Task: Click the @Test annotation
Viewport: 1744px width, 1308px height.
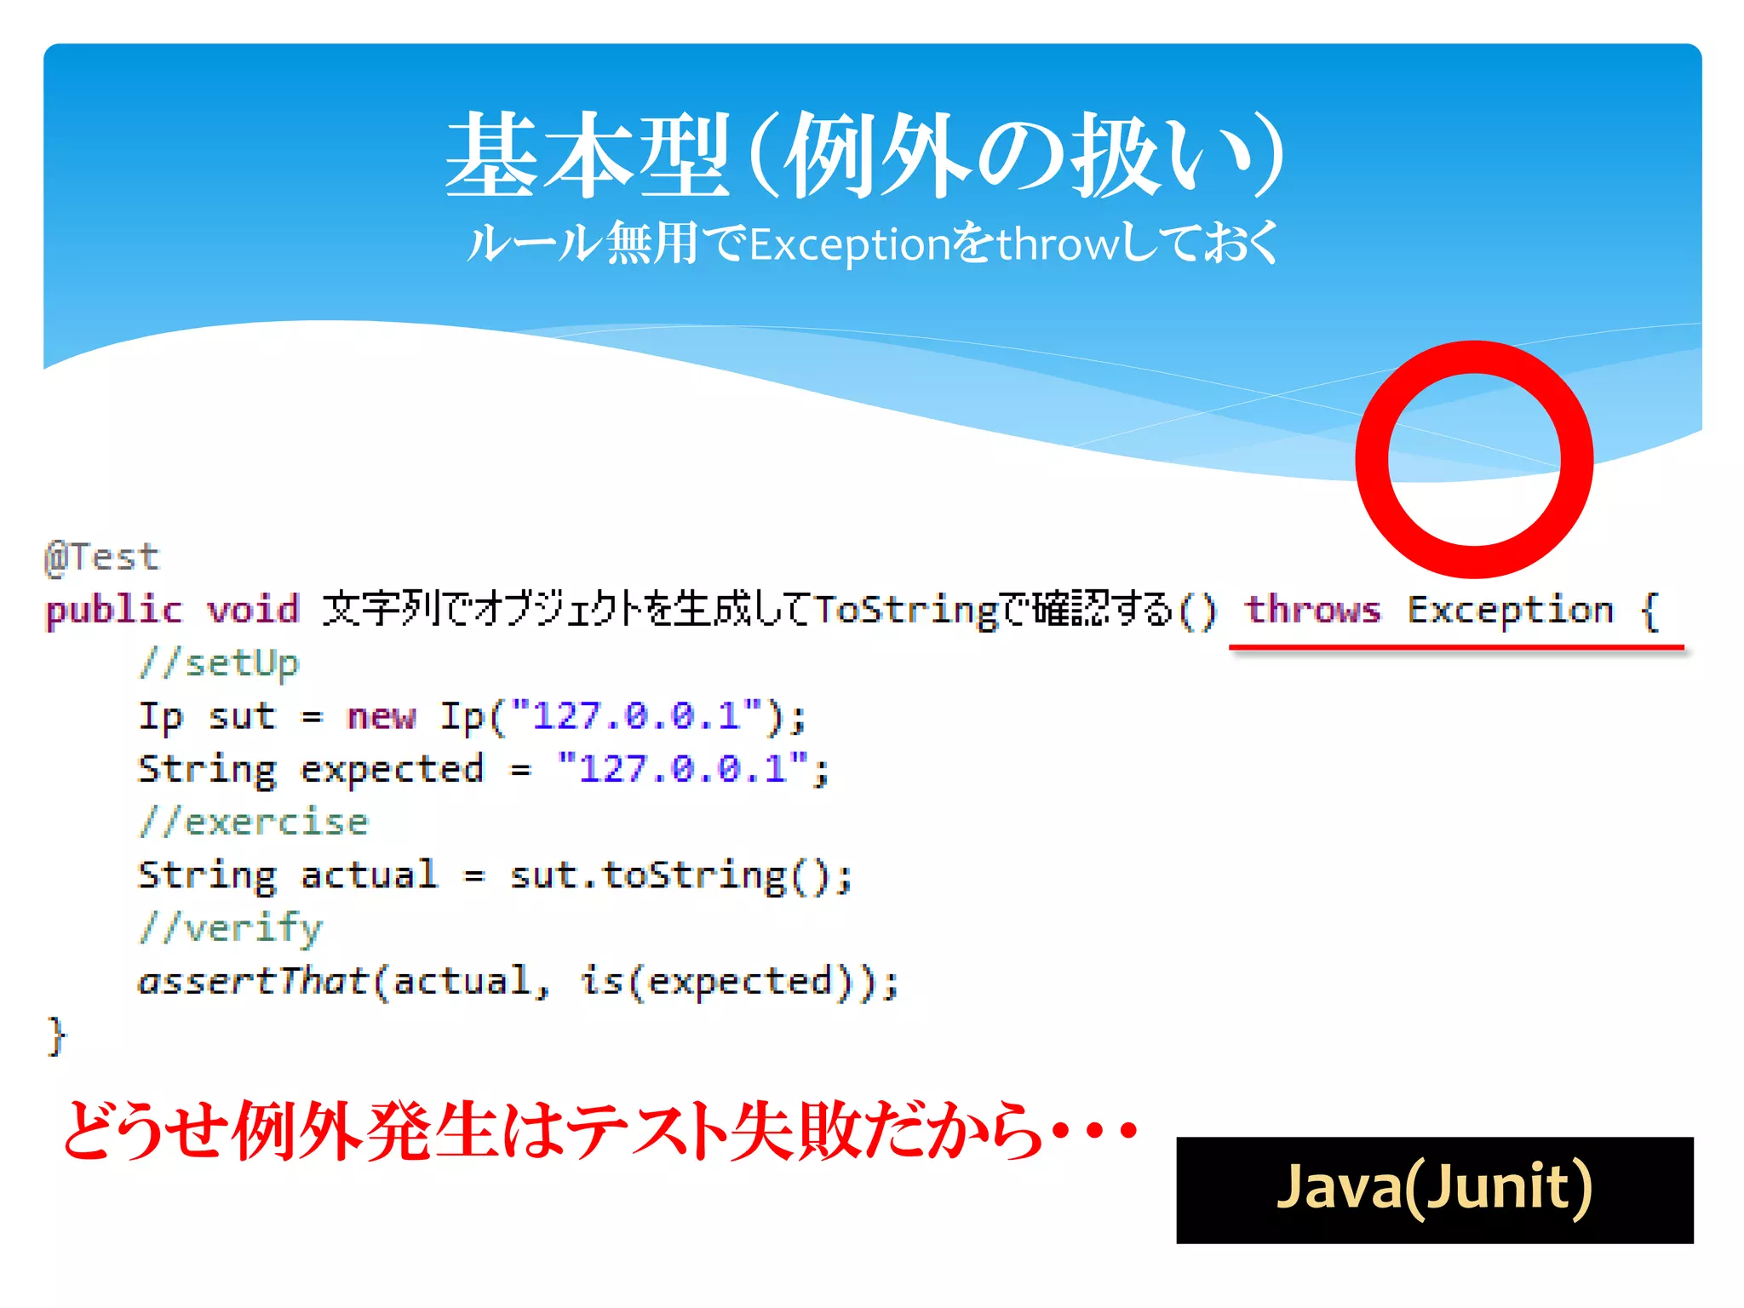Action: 101,558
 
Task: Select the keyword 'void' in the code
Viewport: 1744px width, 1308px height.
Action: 253,610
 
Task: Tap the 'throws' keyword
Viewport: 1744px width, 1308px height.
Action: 1312,610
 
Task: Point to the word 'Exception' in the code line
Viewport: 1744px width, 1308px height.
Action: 1510,610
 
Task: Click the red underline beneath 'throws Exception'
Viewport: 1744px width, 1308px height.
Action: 1456,648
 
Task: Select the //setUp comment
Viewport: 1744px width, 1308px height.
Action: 219,663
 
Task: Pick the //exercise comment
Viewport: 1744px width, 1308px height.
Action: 254,823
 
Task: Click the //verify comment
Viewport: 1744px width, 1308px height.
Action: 231,928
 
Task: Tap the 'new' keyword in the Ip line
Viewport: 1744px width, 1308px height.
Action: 381,716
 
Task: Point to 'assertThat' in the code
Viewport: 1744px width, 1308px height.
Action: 252,982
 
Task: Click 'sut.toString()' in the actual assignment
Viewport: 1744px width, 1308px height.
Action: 679,876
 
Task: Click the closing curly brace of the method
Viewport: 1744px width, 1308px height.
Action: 56,1035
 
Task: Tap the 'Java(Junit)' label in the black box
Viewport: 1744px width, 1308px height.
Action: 1434,1188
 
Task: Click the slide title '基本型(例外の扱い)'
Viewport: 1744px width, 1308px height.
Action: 864,156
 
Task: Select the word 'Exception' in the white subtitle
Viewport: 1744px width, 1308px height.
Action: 849,245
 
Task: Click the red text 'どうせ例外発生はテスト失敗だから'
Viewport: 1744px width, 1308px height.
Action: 554,1132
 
